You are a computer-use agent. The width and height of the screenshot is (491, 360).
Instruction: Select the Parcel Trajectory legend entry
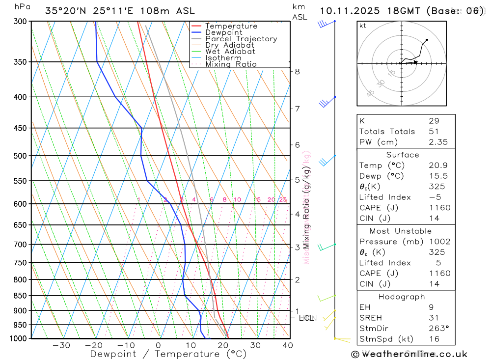[241, 39]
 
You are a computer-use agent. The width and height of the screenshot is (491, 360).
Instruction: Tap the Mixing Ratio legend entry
[231, 64]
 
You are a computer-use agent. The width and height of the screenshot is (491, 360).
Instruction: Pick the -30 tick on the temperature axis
[61, 345]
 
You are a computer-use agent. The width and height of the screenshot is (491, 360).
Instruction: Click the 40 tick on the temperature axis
[288, 345]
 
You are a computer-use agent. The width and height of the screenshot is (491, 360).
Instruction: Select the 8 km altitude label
[297, 71]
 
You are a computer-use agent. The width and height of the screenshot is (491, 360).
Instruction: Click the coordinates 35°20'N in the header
[66, 11]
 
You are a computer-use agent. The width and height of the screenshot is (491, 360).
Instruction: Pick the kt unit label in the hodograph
[363, 26]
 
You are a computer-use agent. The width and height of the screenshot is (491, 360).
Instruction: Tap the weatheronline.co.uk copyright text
[409, 354]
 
